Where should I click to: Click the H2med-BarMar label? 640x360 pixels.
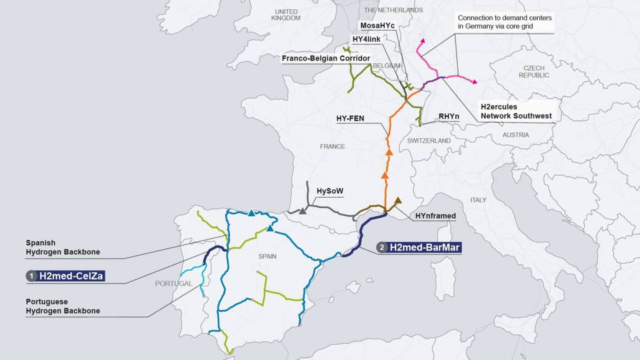425,247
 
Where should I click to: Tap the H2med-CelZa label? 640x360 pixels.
71,276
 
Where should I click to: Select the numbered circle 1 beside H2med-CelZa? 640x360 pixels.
32,276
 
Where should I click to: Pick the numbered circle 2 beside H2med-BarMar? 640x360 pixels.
382,247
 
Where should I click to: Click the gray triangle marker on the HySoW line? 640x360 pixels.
303,211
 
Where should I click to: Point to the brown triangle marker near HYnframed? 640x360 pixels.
398,200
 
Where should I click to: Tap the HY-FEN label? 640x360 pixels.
351,118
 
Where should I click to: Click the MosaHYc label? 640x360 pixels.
377,26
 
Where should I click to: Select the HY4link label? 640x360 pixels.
366,39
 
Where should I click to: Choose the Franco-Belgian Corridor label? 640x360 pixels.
326,58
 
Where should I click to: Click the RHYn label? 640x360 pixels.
448,116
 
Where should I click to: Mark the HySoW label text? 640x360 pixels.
330,191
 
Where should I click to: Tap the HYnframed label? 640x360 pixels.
436,216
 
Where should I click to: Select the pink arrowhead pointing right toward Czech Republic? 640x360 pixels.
474,82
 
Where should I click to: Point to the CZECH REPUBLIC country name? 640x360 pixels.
534,72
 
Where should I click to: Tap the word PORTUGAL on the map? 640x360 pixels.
174,284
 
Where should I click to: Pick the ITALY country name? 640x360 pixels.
478,200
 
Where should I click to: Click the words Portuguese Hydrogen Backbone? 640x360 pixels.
63,306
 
